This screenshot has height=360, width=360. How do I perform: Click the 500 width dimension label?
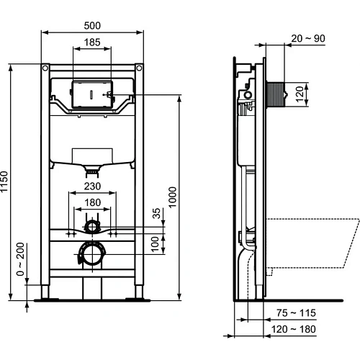(92, 25)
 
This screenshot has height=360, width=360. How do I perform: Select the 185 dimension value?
(92, 43)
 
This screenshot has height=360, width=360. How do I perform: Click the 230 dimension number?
(91, 186)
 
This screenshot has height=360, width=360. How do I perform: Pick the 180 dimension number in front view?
(91, 203)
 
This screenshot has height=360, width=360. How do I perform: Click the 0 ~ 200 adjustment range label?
(19, 261)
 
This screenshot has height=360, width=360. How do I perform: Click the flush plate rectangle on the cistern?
(92, 94)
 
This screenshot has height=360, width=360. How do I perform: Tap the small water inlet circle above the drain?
(91, 228)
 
